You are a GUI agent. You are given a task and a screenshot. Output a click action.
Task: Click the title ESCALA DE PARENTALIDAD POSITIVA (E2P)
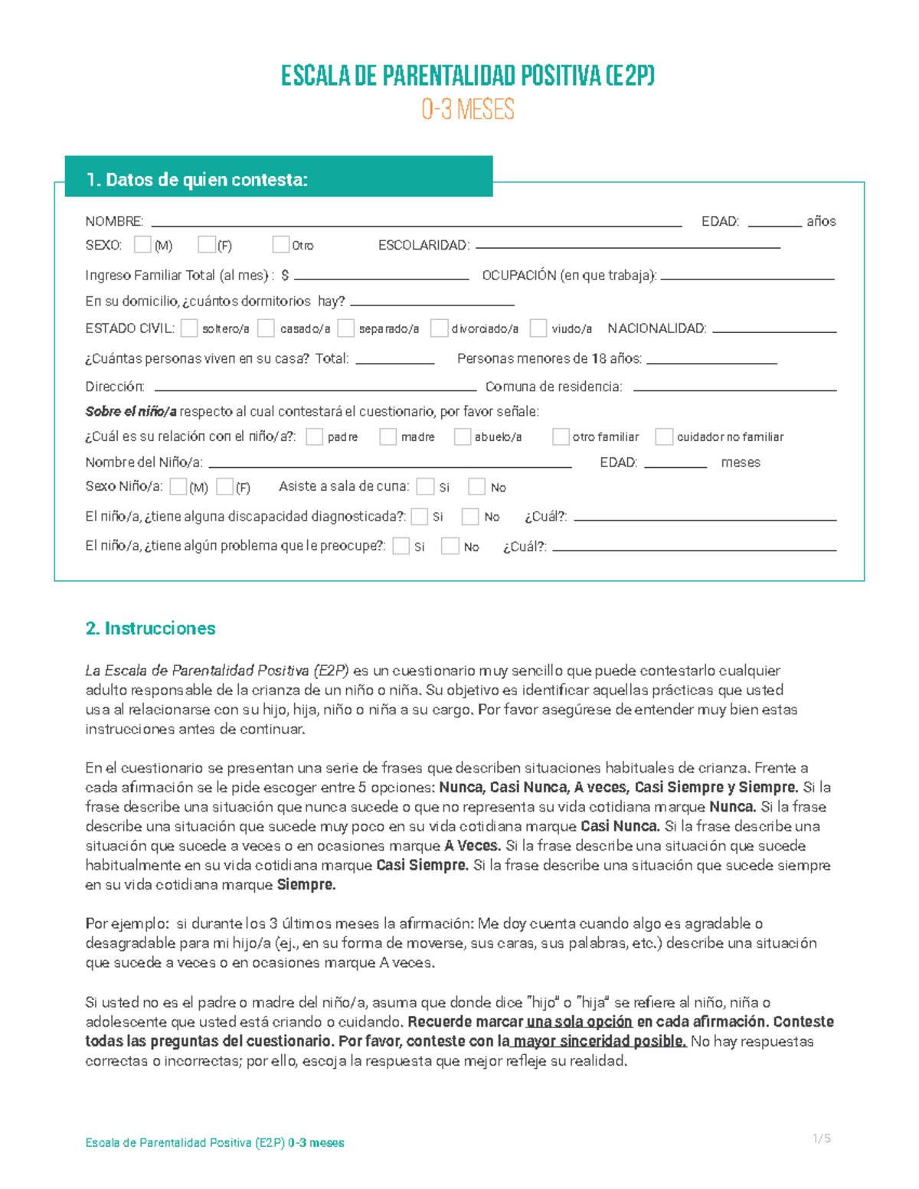click(467, 76)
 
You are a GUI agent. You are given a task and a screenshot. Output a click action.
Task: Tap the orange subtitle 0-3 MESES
click(467, 109)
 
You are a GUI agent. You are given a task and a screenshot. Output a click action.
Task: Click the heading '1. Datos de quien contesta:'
click(197, 180)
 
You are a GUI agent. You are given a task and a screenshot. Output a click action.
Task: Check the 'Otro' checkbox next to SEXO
click(280, 244)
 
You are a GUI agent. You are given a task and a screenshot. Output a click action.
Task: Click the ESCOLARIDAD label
click(424, 245)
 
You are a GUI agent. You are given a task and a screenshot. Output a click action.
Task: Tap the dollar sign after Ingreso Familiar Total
click(286, 276)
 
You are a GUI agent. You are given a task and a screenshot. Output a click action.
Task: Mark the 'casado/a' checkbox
click(266, 328)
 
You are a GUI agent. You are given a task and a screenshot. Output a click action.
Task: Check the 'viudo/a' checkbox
click(538, 328)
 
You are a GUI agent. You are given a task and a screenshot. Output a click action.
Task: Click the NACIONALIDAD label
click(656, 328)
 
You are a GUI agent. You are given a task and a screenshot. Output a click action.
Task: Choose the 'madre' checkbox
click(388, 436)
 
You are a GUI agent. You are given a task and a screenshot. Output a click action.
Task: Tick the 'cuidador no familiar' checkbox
click(664, 436)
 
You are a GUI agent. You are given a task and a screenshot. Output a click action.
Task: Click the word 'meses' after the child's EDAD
click(741, 462)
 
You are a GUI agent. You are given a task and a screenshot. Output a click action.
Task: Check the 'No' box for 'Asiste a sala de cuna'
click(477, 487)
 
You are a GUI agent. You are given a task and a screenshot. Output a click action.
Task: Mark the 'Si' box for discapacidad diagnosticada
click(419, 517)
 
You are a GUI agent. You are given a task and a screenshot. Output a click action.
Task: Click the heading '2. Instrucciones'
click(150, 629)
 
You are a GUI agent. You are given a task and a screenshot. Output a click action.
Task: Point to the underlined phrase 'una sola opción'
click(579, 1022)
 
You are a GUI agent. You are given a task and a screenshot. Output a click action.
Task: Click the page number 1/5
click(821, 1138)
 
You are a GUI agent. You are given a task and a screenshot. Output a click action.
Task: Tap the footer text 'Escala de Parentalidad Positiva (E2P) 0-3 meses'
click(214, 1143)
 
